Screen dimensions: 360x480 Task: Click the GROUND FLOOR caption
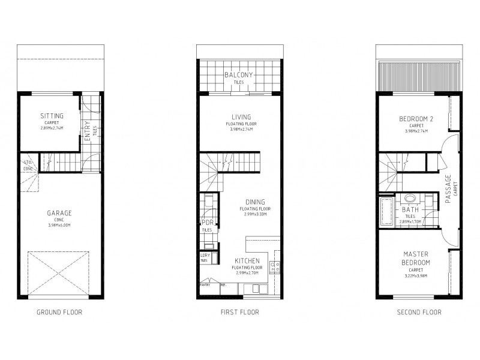pos(59,312)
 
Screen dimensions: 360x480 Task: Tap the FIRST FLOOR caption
pos(239,312)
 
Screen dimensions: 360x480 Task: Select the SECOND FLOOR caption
pos(419,312)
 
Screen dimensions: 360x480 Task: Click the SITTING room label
pos(52,116)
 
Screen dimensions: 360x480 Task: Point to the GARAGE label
pos(59,213)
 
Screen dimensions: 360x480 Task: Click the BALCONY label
pos(239,75)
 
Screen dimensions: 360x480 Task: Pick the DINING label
pos(255,202)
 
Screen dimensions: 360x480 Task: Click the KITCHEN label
pos(247,261)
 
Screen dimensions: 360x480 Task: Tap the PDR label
pos(206,223)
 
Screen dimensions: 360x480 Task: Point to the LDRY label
pos(204,256)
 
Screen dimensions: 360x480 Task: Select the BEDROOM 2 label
pos(416,119)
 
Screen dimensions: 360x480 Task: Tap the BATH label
pos(410,209)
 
